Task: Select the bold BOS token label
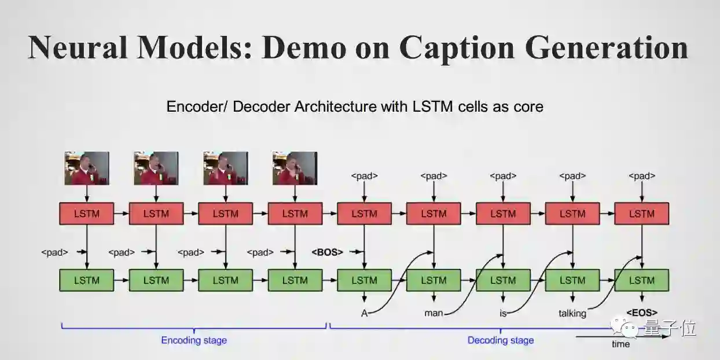327,252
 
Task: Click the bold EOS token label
641,313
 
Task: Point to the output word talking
572,313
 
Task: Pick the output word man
433,313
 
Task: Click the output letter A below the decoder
364,313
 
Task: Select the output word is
503,313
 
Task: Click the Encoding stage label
194,340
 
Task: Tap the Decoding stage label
501,340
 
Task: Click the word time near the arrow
620,344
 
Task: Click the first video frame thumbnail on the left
87,168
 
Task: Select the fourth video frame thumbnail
295,168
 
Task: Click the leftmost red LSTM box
87,214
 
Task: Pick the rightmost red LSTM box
641,214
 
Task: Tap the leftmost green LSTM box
87,280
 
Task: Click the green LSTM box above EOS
641,280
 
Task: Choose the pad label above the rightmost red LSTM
641,176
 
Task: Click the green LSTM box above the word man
434,280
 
